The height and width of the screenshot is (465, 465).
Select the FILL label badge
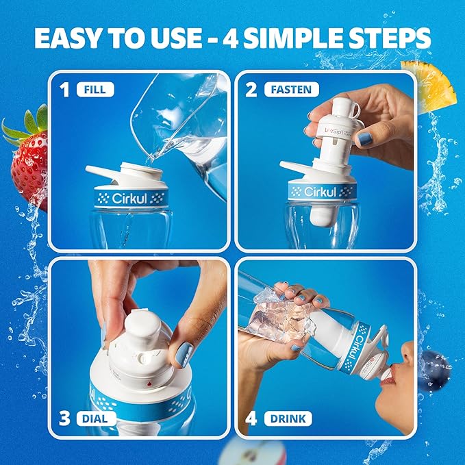[x=95, y=88]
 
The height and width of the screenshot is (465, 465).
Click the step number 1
[x=66, y=89]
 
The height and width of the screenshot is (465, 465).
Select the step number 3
[x=66, y=417]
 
